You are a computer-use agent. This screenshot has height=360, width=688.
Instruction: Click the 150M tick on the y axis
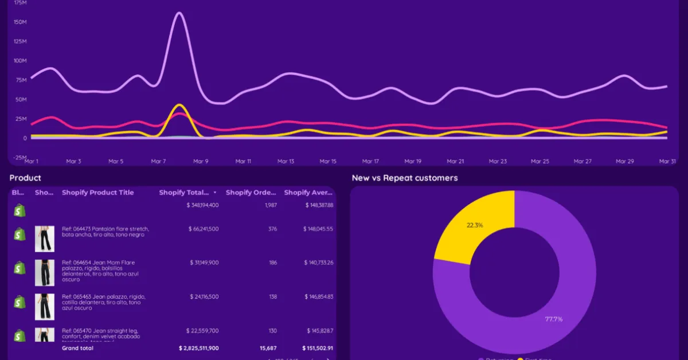click(x=20, y=22)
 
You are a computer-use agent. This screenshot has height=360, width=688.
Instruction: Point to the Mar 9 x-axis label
click(x=201, y=162)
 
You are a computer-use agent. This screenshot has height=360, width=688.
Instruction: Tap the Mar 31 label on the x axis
click(x=667, y=162)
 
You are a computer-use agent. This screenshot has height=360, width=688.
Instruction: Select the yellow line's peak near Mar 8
click(x=179, y=105)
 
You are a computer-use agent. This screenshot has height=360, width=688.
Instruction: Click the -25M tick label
click(x=19, y=158)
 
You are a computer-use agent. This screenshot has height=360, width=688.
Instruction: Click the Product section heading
click(x=25, y=178)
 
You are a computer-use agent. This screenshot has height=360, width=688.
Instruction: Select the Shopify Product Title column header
click(x=97, y=193)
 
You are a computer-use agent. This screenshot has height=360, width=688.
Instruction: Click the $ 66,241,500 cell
click(x=204, y=229)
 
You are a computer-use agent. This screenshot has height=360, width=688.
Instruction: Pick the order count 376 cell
click(x=272, y=229)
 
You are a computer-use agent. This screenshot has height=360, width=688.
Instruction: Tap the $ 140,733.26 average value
click(x=318, y=263)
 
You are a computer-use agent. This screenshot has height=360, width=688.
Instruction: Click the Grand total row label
click(x=77, y=348)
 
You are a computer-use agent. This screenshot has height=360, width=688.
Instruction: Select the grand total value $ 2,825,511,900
click(x=198, y=348)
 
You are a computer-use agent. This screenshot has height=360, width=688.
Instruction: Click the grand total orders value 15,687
click(x=268, y=348)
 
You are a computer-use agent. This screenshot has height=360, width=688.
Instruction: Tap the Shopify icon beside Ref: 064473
click(x=19, y=234)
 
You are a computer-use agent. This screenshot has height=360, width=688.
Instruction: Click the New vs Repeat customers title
click(x=405, y=178)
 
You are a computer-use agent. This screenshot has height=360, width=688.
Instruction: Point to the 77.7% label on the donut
click(x=553, y=319)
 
